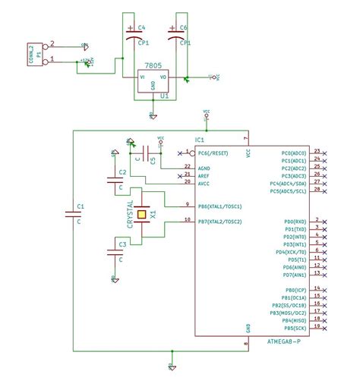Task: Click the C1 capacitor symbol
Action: (x=74, y=215)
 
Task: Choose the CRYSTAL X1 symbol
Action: (x=141, y=215)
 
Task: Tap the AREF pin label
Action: (x=204, y=175)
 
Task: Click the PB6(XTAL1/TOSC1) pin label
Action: (x=220, y=206)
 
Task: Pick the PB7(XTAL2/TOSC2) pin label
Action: (x=220, y=221)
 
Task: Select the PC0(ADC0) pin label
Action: (x=292, y=153)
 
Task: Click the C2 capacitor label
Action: (x=122, y=173)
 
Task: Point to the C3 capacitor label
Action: (x=122, y=244)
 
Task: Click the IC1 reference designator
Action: (x=200, y=140)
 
